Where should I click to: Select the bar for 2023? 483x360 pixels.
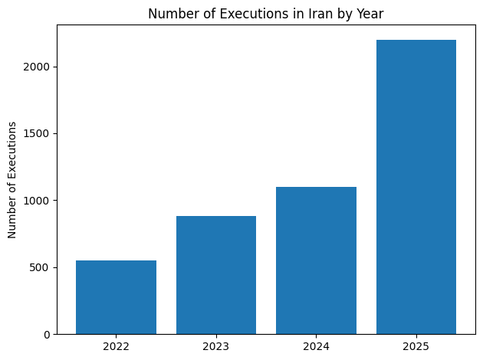tap(216, 275)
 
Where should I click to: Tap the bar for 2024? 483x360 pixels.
tap(316, 260)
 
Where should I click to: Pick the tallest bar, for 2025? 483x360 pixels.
tap(416, 187)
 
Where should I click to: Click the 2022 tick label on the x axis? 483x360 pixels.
tap(116, 346)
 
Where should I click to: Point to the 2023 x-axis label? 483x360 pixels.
tap(216, 346)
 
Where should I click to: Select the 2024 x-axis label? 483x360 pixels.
tap(316, 346)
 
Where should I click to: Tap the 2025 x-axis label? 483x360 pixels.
tap(416, 346)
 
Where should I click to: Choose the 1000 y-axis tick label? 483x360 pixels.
tap(38, 201)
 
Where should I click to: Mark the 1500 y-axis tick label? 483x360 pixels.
tap(38, 134)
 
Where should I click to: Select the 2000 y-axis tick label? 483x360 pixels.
tap(38, 67)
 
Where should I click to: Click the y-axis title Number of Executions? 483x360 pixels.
tap(13, 179)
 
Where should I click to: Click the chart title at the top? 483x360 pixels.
tap(265, 14)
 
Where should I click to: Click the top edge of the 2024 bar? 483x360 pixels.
tap(316, 188)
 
